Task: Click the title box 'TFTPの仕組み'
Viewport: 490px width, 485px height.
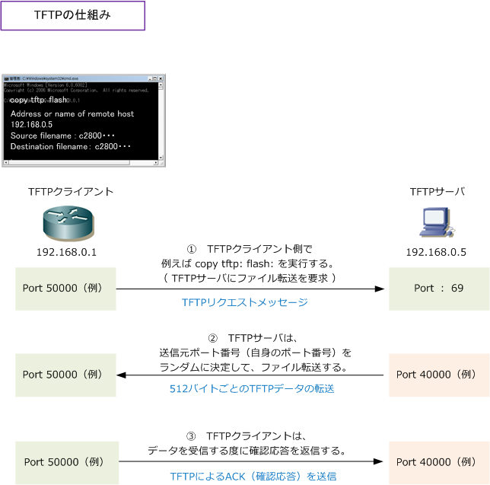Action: pyautogui.click(x=72, y=15)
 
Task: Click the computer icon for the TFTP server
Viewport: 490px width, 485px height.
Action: pyautogui.click(x=435, y=223)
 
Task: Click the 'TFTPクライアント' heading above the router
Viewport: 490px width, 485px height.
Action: pyautogui.click(x=71, y=192)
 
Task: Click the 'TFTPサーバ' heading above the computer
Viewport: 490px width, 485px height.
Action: pyautogui.click(x=436, y=192)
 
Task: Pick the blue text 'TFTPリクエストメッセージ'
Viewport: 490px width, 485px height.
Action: pyautogui.click(x=244, y=303)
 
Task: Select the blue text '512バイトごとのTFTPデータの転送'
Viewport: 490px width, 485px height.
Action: pyautogui.click(x=251, y=388)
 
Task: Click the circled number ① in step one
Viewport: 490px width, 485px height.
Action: pyautogui.click(x=192, y=249)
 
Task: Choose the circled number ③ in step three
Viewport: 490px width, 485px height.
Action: pyautogui.click(x=191, y=436)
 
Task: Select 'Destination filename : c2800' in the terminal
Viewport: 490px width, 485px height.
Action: pyautogui.click(x=71, y=146)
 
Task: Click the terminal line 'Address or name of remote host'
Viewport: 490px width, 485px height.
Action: pyautogui.click(x=72, y=113)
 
